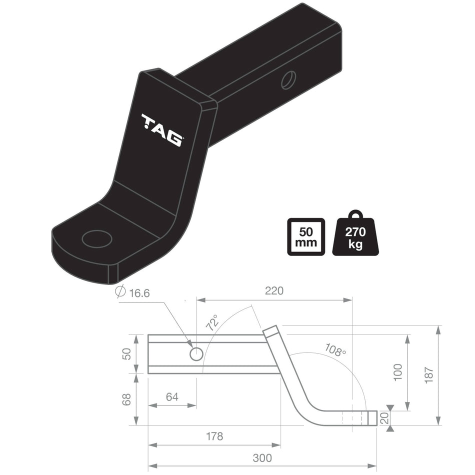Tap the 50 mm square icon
pos(306,236)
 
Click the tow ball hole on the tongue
pos(97,238)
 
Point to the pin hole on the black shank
pos(288,80)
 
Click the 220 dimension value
pos(274,290)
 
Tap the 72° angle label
pos(212,323)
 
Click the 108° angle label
pos(335,349)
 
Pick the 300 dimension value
pos(262,458)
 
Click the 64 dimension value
pos(172,397)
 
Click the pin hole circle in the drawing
pos(196,354)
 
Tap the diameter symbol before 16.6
pos(120,292)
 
